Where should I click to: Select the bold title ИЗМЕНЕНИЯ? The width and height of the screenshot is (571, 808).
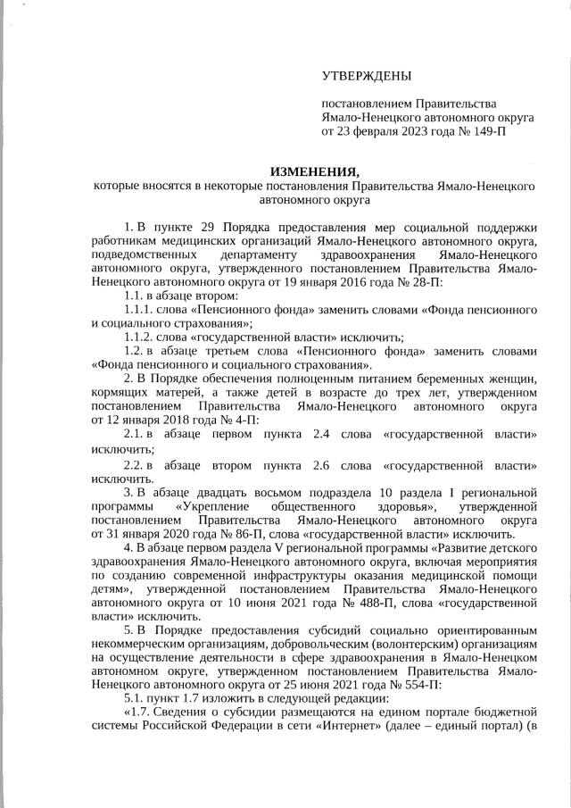pos(314,171)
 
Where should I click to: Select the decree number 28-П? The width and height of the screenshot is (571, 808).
pos(421,281)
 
